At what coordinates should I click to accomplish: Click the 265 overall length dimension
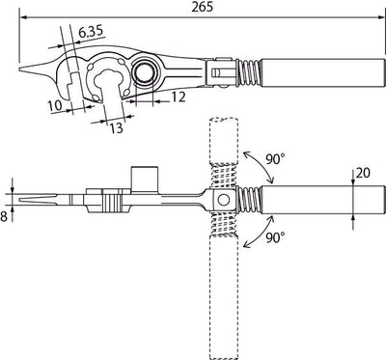(x=203, y=7)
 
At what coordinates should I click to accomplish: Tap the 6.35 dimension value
(x=91, y=32)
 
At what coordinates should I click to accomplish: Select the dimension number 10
(x=55, y=106)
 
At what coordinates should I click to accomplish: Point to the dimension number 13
(x=116, y=128)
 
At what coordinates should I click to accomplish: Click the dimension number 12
(x=179, y=97)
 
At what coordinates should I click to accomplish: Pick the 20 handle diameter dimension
(x=363, y=173)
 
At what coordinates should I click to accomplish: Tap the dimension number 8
(x=4, y=216)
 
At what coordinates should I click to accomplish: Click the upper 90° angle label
(x=276, y=159)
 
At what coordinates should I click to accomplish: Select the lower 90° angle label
(x=275, y=237)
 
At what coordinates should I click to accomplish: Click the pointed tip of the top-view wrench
(x=19, y=69)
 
